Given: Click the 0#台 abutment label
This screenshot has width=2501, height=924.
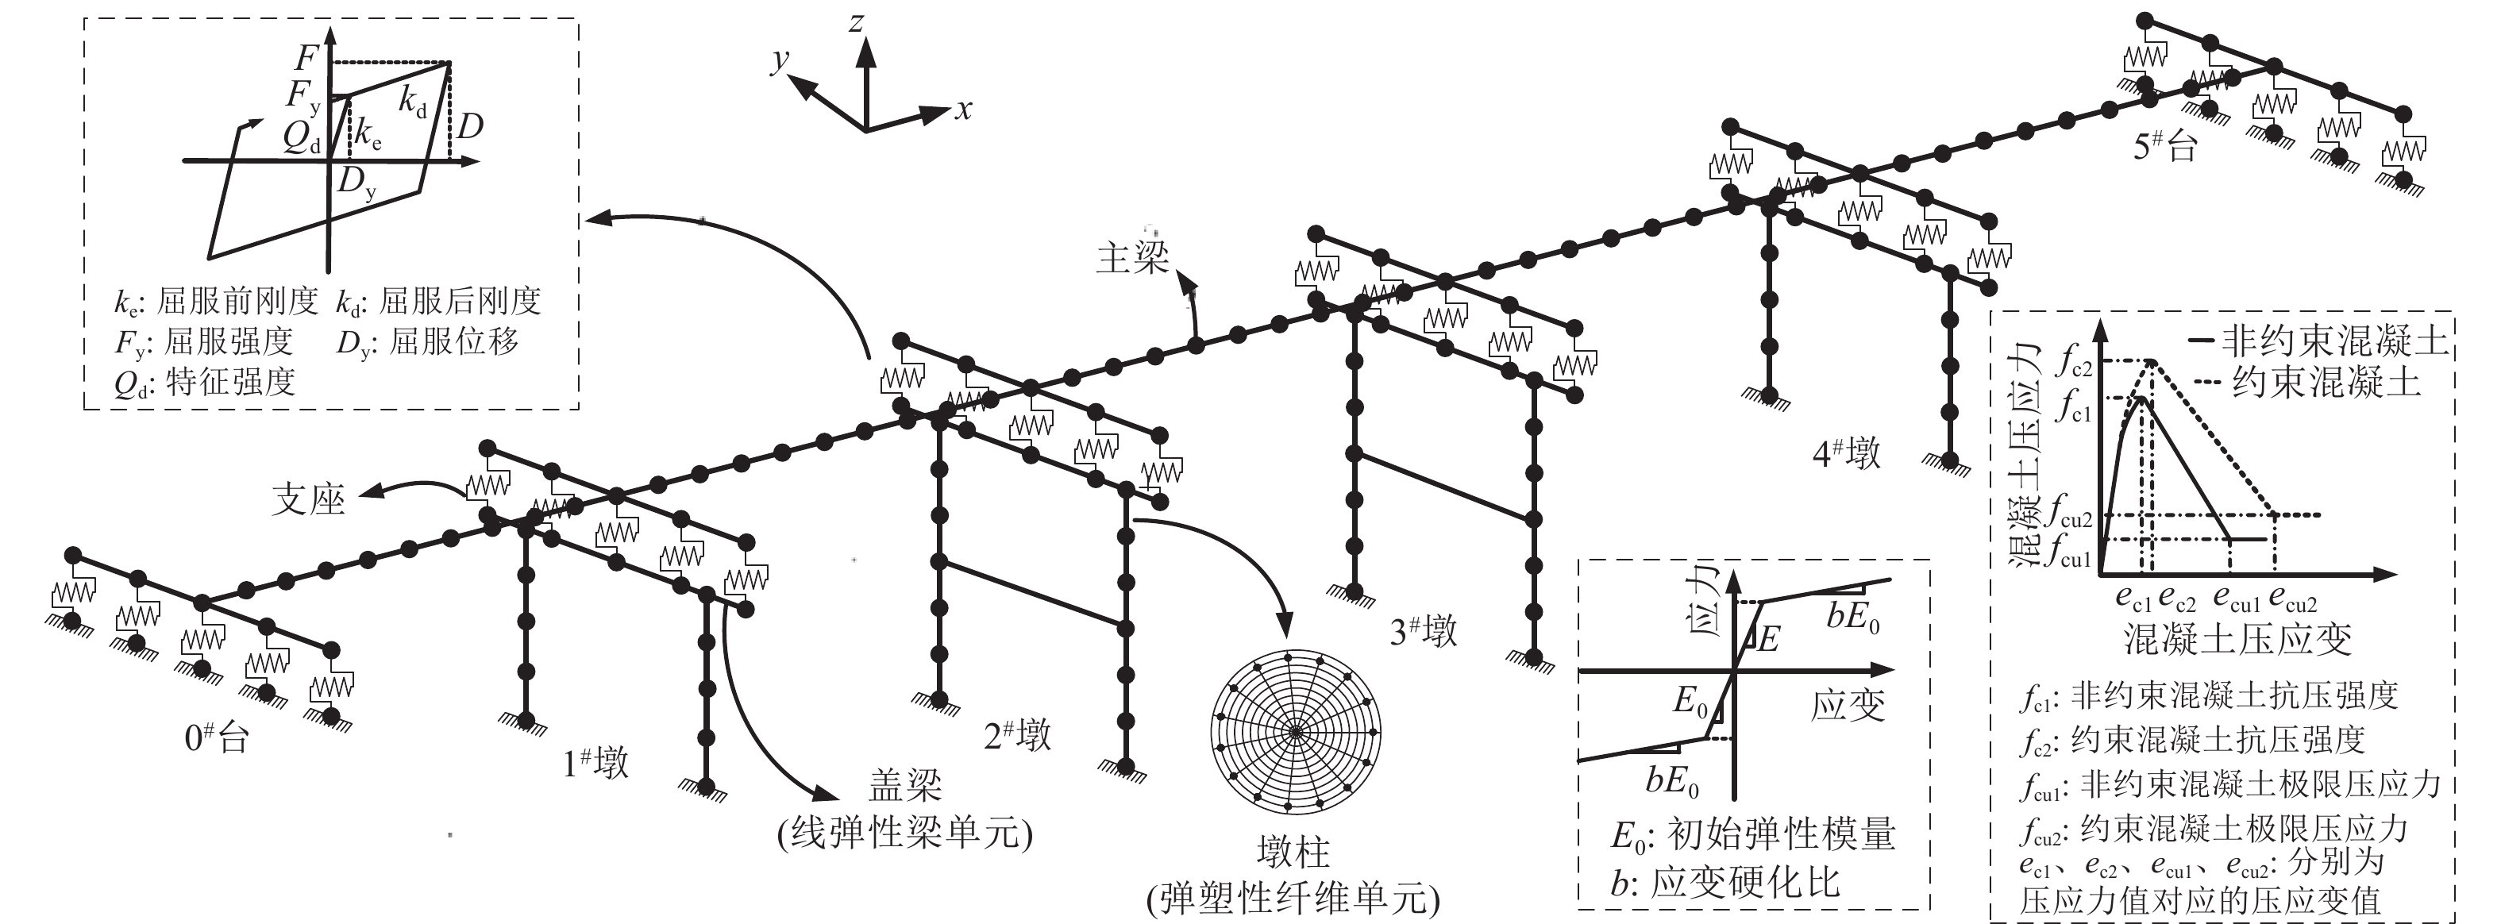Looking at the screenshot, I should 217,737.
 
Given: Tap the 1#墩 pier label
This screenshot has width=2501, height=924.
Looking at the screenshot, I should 595,763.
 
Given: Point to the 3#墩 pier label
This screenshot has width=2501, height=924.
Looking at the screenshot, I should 1424,632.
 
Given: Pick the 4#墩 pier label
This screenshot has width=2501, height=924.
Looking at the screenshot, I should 1847,453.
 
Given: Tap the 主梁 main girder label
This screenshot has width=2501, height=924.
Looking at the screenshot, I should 1132,258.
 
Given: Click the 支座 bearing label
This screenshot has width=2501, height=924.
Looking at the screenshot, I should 309,500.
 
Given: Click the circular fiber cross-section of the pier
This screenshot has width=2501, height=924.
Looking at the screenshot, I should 1295,731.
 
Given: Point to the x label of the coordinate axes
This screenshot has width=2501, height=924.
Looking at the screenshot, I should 962,110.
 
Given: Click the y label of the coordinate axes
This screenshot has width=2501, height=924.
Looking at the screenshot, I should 779,60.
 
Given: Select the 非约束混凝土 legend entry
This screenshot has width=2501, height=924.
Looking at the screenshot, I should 2333,341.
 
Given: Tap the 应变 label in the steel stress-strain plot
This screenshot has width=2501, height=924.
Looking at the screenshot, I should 1848,706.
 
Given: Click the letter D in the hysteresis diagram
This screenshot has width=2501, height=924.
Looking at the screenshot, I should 470,126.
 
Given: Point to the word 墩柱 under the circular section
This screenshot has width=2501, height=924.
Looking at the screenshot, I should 1293,853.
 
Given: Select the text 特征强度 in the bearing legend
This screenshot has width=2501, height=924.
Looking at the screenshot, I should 230,383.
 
